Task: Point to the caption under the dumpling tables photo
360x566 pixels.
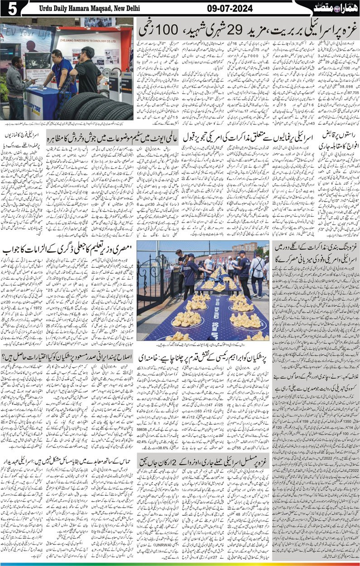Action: point(202,344)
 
